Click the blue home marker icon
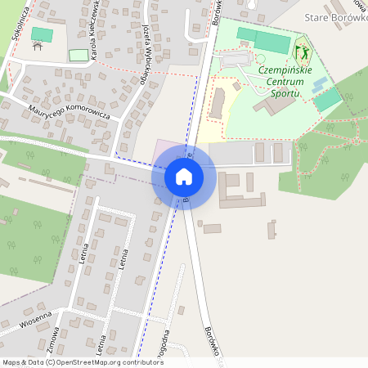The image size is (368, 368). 183,176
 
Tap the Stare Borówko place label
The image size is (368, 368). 334,17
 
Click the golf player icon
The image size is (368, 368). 302,53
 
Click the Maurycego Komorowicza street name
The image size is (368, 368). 69,112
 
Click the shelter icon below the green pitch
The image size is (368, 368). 37,46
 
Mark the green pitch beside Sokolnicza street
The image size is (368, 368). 40,34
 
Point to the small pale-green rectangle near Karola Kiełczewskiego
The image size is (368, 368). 79,55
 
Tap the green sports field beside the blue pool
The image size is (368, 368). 328,100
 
